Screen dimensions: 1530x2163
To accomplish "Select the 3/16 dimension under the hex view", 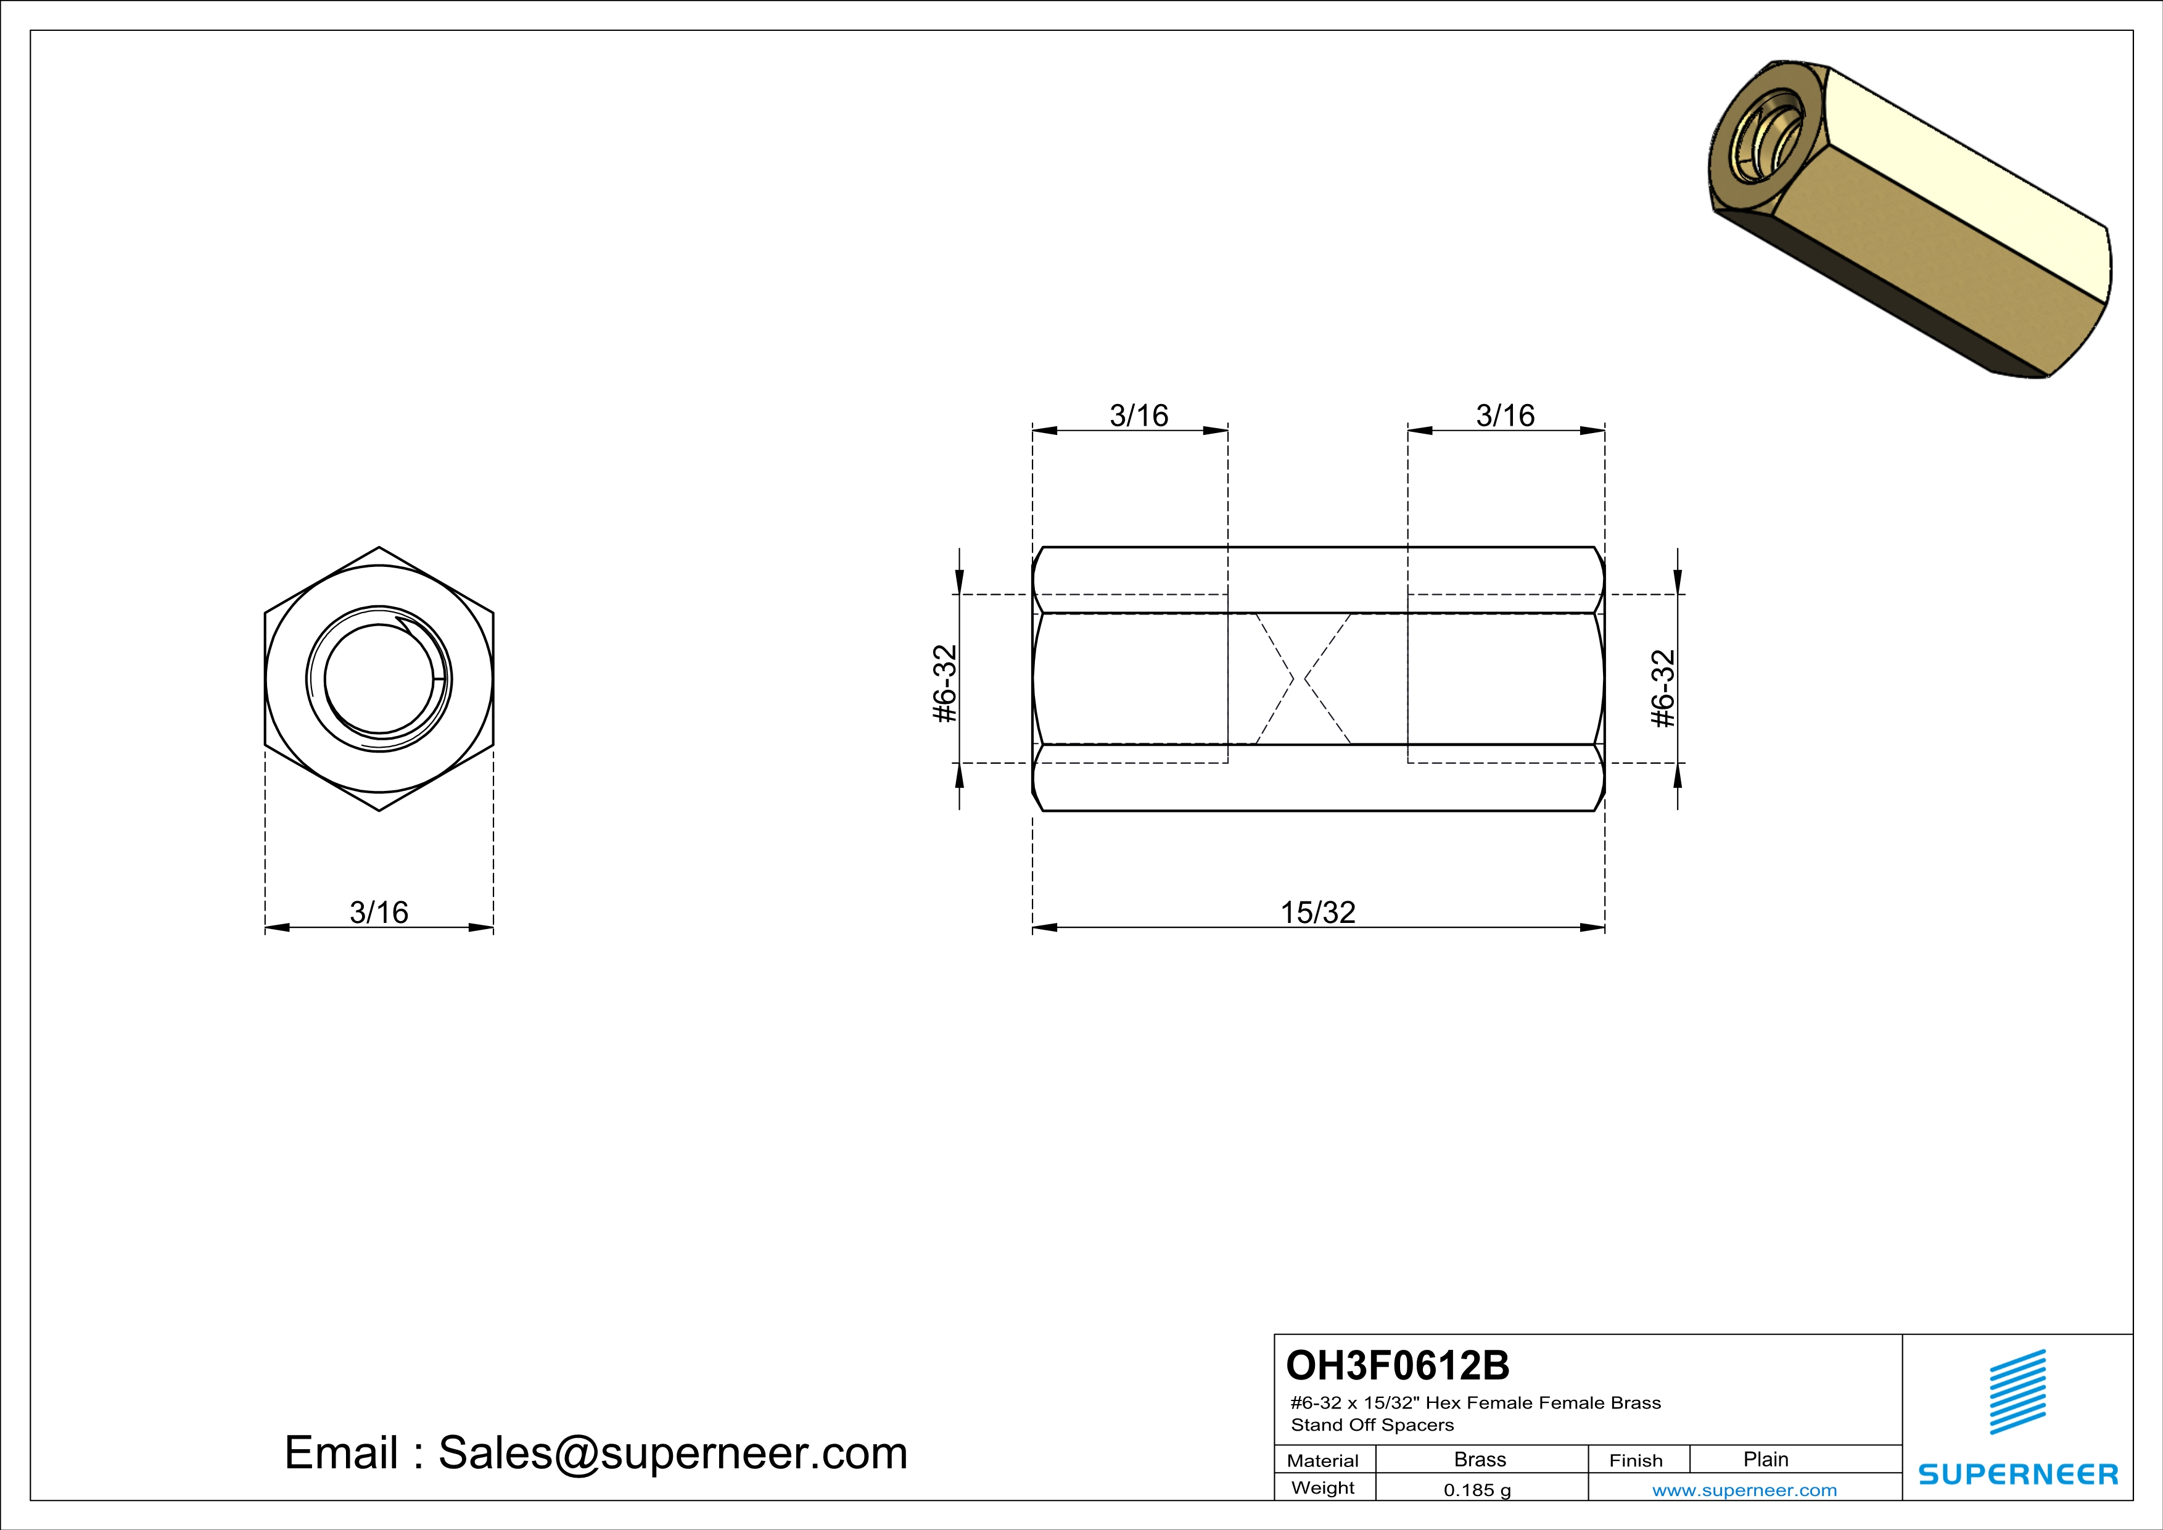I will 379,912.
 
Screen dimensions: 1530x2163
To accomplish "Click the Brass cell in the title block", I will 1480,1459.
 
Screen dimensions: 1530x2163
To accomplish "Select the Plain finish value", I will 1765,1459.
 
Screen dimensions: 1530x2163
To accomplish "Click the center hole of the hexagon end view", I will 379,679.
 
